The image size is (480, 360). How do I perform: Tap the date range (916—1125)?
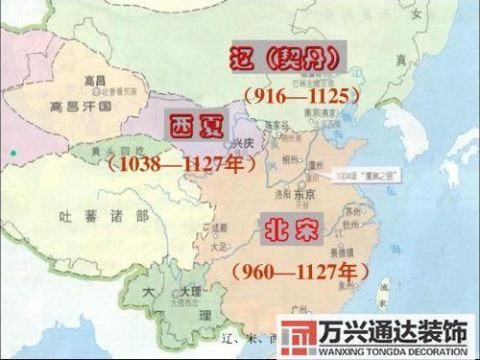[300, 96]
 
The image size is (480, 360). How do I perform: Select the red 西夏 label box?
[195, 127]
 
